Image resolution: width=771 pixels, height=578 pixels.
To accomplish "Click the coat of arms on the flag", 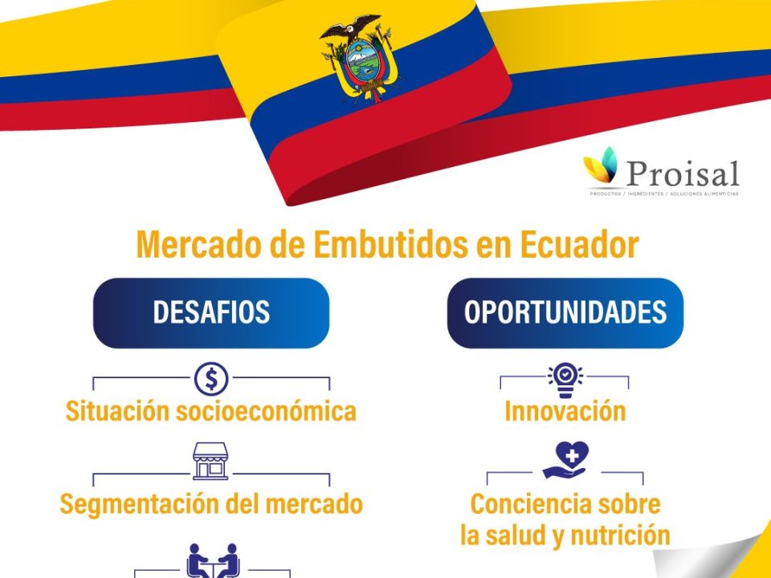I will [x=361, y=60].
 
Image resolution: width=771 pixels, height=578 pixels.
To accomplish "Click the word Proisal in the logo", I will [x=682, y=172].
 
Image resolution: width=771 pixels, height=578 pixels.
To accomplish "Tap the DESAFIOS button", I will [x=211, y=313].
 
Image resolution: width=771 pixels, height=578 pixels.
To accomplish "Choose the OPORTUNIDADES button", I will [x=565, y=313].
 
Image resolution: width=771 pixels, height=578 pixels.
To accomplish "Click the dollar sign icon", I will [x=211, y=378].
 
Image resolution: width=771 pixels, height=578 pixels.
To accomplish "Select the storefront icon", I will [x=210, y=462].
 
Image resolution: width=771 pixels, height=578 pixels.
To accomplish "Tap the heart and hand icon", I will [x=565, y=461].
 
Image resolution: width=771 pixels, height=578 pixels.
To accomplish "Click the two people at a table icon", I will [x=212, y=560].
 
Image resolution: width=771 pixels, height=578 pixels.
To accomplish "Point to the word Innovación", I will [x=565, y=412].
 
